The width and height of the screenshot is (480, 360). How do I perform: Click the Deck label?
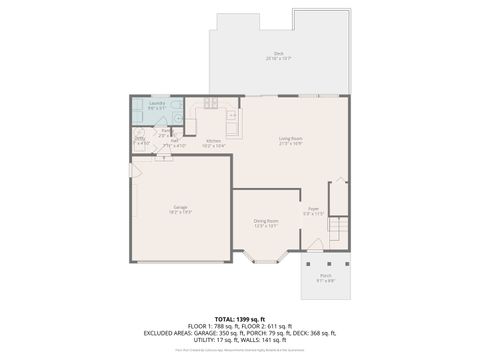pyautogui.click(x=278, y=53)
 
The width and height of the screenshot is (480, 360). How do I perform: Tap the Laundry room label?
pyautogui.click(x=157, y=103)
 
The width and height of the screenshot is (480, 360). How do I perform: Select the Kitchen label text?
pyautogui.click(x=213, y=141)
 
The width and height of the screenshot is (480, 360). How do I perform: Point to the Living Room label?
pyautogui.click(x=291, y=138)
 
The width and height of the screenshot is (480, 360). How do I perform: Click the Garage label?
pyautogui.click(x=180, y=207)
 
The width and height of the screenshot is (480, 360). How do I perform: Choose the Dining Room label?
pyautogui.click(x=265, y=220)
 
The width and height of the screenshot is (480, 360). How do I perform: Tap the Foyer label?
pyautogui.click(x=313, y=208)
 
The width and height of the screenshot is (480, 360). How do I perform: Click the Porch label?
pyautogui.click(x=326, y=275)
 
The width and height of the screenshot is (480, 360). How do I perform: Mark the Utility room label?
pyautogui.click(x=140, y=139)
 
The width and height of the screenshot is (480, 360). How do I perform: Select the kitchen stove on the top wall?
pyautogui.click(x=211, y=102)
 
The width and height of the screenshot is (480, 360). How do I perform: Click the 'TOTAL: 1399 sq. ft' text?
pyautogui.click(x=240, y=318)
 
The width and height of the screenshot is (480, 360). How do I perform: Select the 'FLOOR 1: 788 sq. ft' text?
pyautogui.click(x=214, y=326)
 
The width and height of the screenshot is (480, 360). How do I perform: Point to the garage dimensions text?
pyautogui.click(x=180, y=212)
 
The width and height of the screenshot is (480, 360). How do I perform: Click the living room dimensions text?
pyautogui.click(x=291, y=143)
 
